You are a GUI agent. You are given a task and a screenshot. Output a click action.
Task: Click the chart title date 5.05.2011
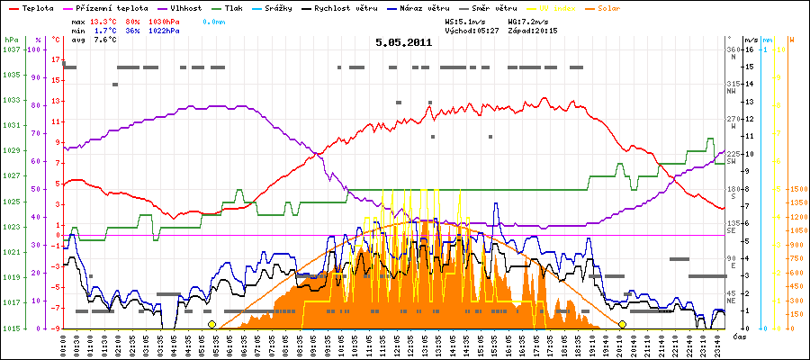[x=404, y=41]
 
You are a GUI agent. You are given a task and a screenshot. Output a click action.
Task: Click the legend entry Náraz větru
[x=426, y=7]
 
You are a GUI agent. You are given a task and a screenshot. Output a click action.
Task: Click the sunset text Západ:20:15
[x=533, y=30]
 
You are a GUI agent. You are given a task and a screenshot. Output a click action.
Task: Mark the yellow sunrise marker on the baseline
[x=211, y=324]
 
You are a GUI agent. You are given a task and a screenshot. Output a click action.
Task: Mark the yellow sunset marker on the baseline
[x=622, y=324]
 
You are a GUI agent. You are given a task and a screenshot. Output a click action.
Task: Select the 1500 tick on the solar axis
[x=796, y=190]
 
